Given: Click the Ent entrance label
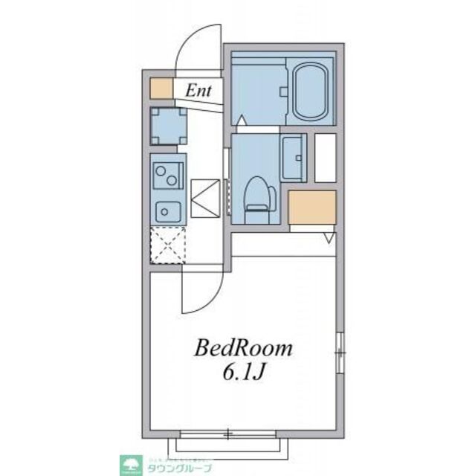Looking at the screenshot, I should coord(198,91).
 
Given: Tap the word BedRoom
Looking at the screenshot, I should coord(244,348).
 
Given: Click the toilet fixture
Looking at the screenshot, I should coord(256,196).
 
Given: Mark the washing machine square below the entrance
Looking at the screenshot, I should coord(168,126).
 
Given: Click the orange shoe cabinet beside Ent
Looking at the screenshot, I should coord(160,88).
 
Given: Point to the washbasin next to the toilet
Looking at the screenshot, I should coord(294,158).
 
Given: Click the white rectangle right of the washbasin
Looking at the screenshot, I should coord(326,157).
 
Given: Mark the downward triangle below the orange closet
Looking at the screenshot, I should coord(329,238).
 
